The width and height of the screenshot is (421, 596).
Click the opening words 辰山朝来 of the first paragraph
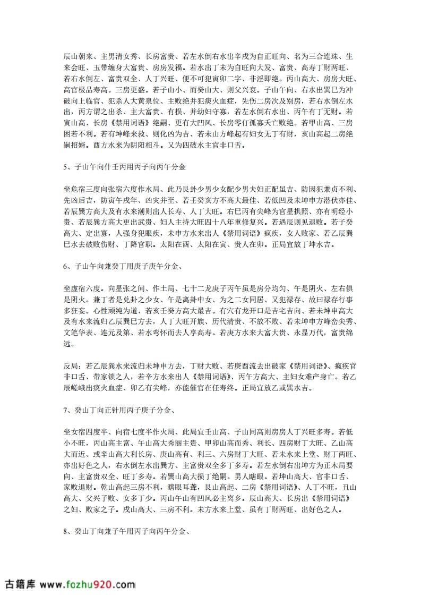(77, 55)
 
